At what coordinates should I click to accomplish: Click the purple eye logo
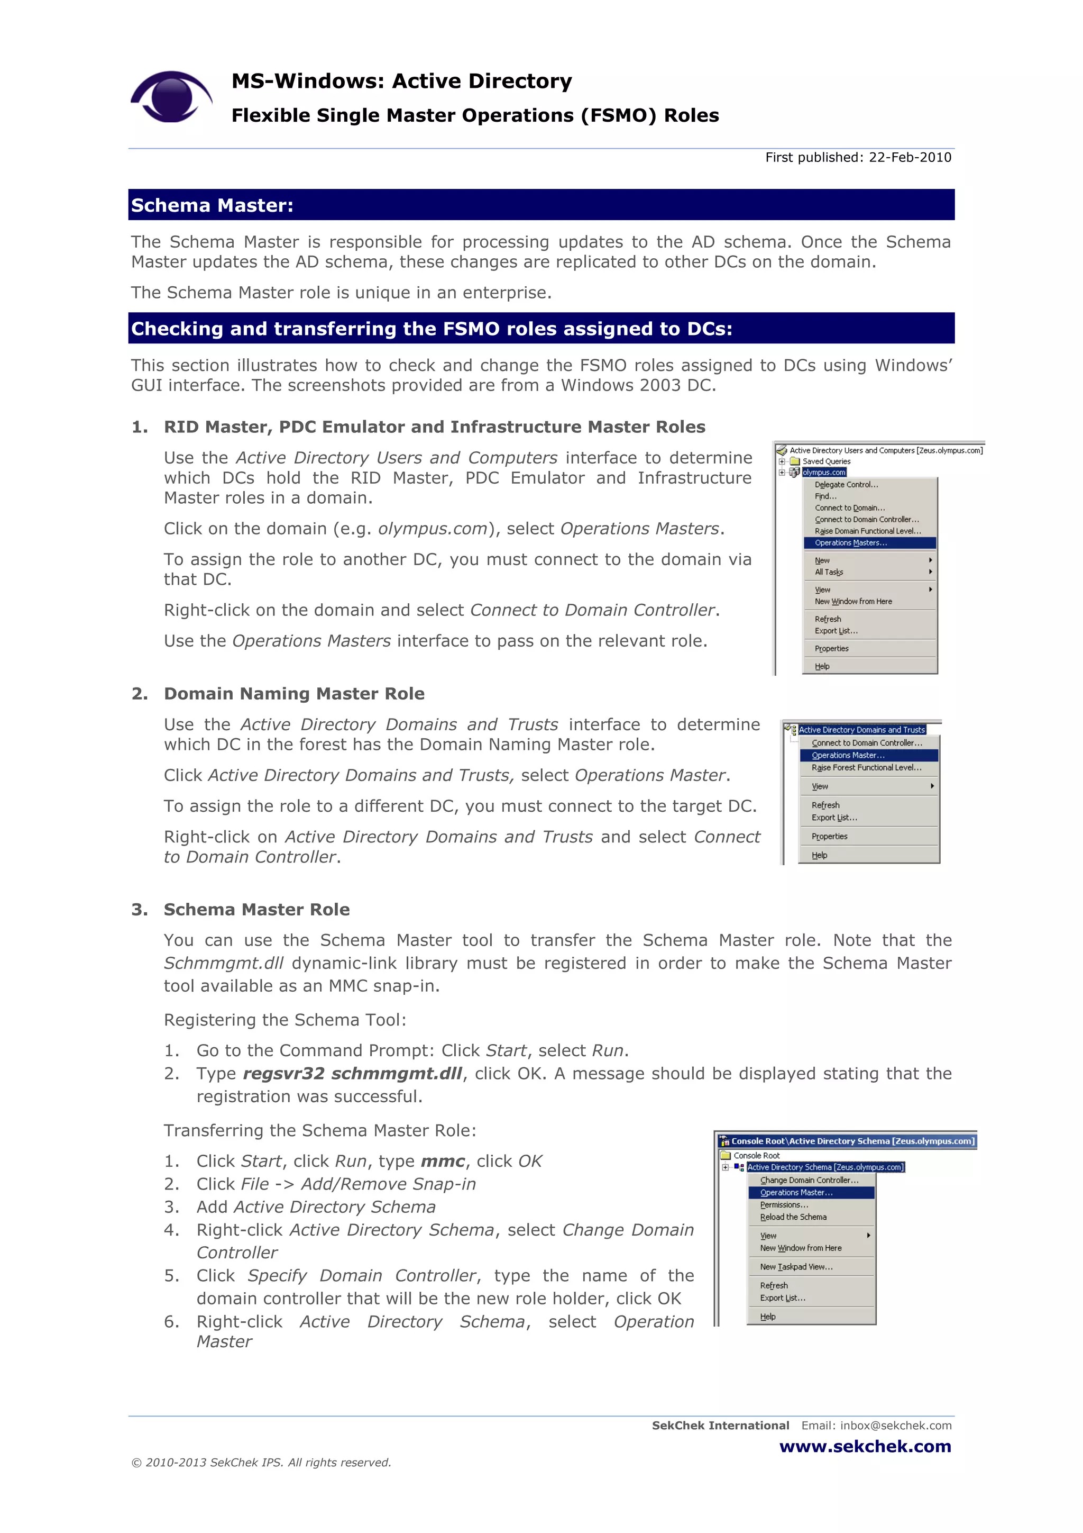click(171, 97)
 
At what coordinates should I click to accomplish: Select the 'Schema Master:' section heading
click(212, 206)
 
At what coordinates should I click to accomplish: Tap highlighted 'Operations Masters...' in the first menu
click(851, 543)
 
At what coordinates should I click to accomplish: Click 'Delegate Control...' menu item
click(846, 485)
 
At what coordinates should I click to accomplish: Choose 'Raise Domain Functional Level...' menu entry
click(867, 531)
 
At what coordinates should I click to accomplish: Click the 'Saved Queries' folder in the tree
click(826, 461)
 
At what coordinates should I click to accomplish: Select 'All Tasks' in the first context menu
click(829, 572)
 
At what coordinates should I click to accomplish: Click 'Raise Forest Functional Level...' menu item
click(866, 768)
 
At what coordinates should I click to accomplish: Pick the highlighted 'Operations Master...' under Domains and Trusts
click(848, 755)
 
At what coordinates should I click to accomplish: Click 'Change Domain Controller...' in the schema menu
click(809, 1180)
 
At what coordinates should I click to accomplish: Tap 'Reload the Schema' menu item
click(793, 1217)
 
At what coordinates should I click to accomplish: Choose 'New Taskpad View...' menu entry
click(796, 1267)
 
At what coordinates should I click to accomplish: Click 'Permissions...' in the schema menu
click(784, 1204)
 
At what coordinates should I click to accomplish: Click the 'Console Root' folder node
click(756, 1156)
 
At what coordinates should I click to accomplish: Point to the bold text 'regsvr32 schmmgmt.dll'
click(352, 1074)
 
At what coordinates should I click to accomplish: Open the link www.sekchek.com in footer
click(865, 1446)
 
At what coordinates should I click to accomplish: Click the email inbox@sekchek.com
click(895, 1426)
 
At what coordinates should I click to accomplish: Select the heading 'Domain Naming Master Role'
click(294, 694)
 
